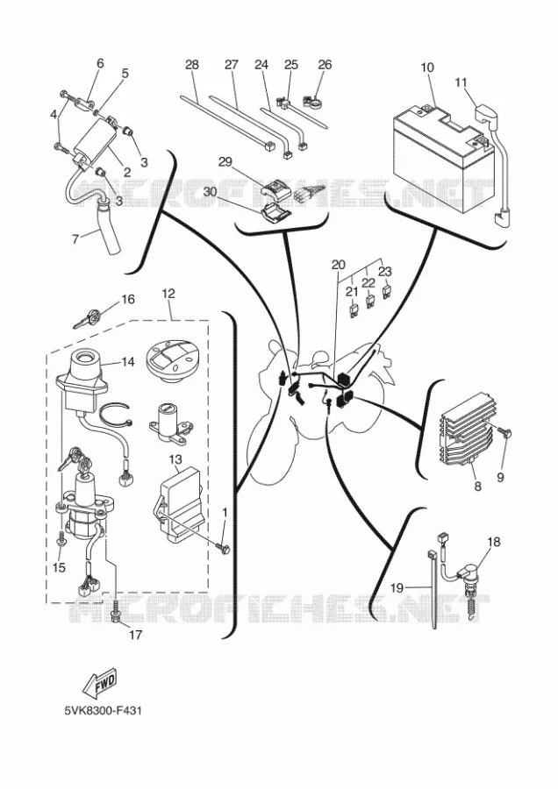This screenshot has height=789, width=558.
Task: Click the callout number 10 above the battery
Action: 427,68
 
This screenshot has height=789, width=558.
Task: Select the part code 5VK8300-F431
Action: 103,711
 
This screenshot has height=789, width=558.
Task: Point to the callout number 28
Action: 192,64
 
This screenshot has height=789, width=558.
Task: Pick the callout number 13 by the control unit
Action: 175,459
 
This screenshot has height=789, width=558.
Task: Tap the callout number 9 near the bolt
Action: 500,477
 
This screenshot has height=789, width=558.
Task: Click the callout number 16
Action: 128,300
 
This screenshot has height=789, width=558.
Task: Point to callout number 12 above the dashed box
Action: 168,294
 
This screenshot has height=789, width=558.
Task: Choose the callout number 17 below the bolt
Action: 135,635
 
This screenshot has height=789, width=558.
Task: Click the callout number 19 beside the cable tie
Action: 397,587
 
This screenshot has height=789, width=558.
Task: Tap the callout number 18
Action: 494,542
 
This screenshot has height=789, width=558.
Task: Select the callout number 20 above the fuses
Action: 339,265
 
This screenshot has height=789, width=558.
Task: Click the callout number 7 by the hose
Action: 75,239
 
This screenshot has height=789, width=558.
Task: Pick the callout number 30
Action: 210,192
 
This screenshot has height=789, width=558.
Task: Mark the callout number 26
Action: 325,64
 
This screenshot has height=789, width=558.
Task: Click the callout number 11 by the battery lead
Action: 461,82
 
